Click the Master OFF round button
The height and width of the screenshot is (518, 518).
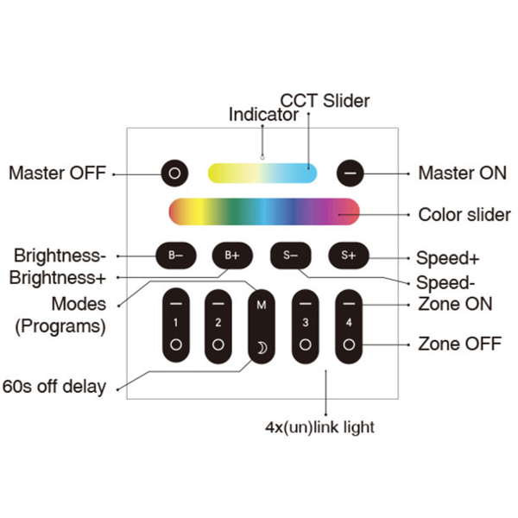click(x=174, y=173)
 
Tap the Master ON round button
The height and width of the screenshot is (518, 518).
click(x=350, y=173)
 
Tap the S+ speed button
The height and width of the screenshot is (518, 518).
click(x=349, y=255)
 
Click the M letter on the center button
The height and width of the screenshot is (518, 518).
click(x=262, y=306)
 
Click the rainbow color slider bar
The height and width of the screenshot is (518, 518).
click(x=263, y=212)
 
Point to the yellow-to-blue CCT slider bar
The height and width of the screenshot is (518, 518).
click(x=262, y=173)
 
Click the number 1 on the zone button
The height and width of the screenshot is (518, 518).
click(x=175, y=323)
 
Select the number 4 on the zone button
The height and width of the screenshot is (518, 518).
click(x=350, y=323)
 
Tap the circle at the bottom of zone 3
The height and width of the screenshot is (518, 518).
click(x=305, y=344)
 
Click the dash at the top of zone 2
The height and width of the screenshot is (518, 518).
click(x=218, y=305)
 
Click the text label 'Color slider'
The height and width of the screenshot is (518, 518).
click(x=464, y=214)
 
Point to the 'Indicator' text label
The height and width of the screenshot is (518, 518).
click(x=263, y=115)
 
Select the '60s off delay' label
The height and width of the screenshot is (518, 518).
click(x=54, y=386)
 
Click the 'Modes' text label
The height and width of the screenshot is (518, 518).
click(x=79, y=304)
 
